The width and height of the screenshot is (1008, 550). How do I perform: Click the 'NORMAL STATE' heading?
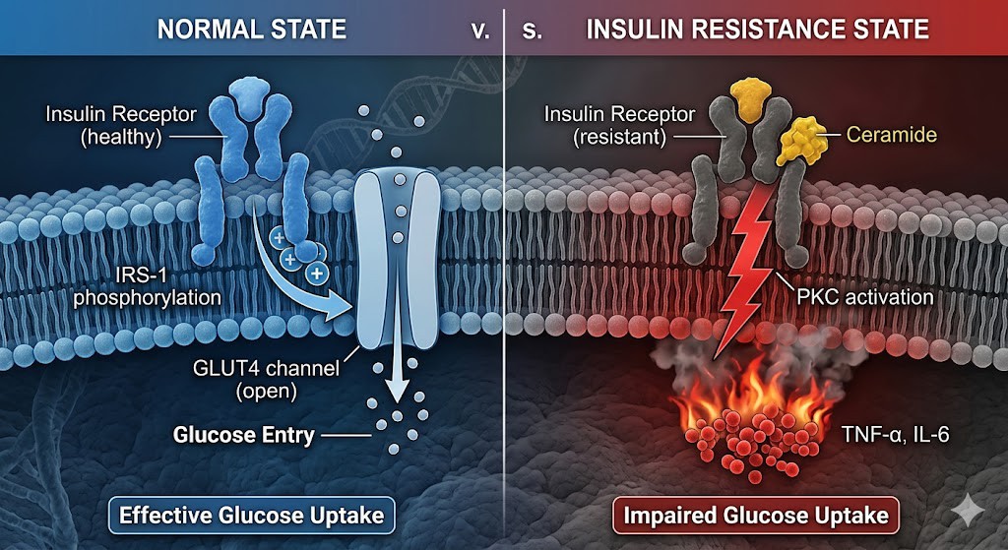(253, 29)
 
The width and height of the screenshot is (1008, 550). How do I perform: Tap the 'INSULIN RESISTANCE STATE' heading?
(757, 29)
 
